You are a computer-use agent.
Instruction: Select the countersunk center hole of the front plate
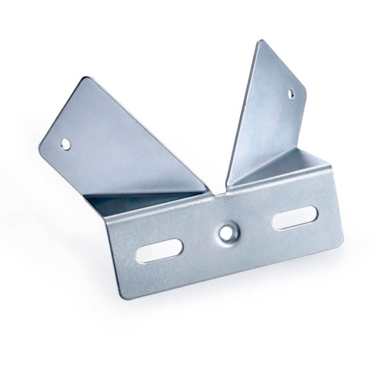coord(227,232)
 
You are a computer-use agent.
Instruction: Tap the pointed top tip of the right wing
coord(260,41)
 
